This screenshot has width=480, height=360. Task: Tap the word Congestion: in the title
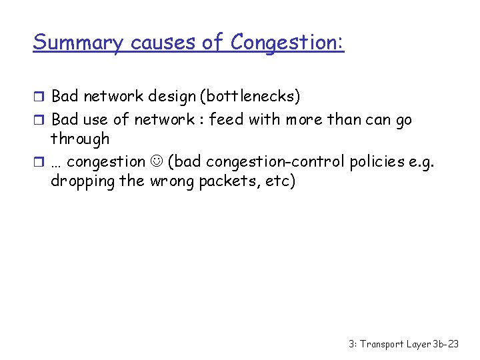pyautogui.click(x=287, y=43)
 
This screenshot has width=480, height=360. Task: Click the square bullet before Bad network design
pyautogui.click(x=39, y=97)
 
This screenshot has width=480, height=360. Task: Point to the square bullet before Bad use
pyautogui.click(x=39, y=121)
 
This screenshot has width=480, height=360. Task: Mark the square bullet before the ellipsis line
pyautogui.click(x=39, y=162)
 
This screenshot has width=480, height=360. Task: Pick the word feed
pyautogui.click(x=227, y=120)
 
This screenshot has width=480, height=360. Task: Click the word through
pyautogui.click(x=80, y=139)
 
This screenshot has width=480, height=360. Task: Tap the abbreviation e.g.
pyautogui.click(x=421, y=161)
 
